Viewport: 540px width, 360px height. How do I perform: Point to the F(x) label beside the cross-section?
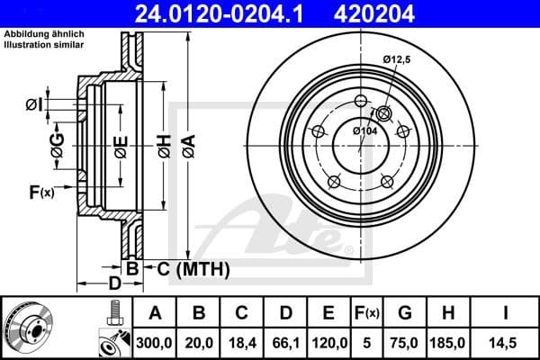point(41,192)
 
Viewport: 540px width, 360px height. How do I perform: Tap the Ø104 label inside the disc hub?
point(364,132)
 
